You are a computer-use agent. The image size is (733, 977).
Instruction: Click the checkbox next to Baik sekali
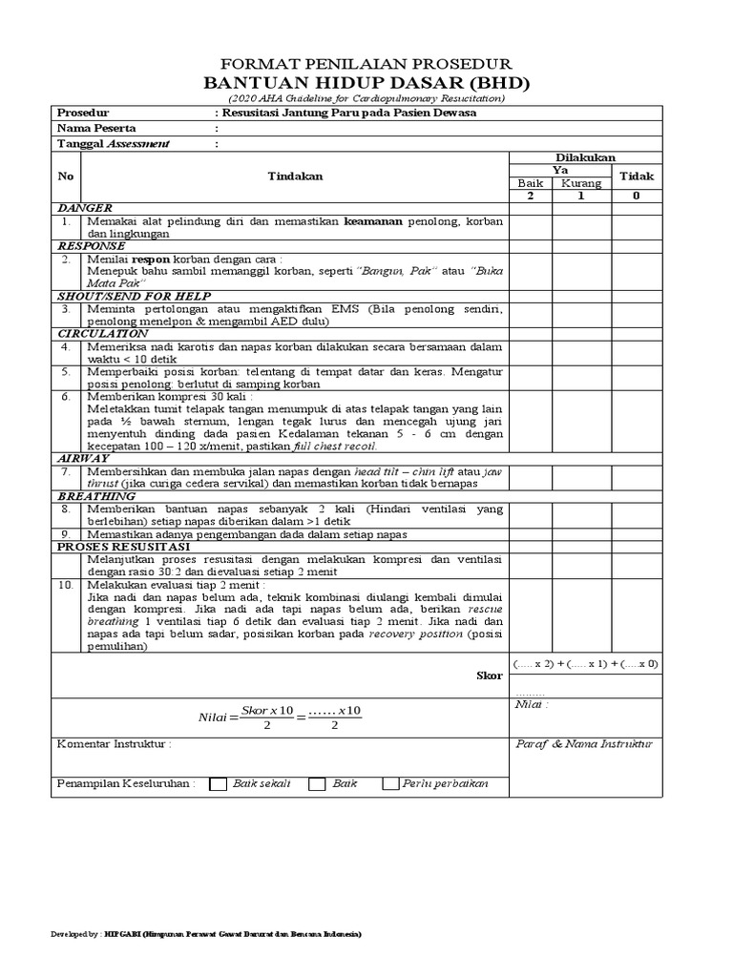pyautogui.click(x=218, y=784)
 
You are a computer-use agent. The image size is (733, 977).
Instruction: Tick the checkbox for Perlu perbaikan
pyautogui.click(x=390, y=784)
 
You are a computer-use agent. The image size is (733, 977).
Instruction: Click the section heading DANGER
pyautogui.click(x=85, y=208)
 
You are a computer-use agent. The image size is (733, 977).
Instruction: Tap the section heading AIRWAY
pyautogui.click(x=86, y=459)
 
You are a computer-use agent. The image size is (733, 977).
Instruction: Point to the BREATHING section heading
pyautogui.click(x=96, y=497)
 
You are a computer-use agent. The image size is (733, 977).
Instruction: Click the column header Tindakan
pyautogui.click(x=295, y=177)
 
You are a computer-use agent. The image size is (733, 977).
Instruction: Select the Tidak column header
pyautogui.click(x=637, y=177)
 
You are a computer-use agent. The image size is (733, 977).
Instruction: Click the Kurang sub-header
pyautogui.click(x=580, y=183)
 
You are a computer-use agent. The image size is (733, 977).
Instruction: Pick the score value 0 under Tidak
pyautogui.click(x=637, y=196)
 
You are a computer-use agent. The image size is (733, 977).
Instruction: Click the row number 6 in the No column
pyautogui.click(x=65, y=396)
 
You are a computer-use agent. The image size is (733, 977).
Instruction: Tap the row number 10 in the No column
pyautogui.click(x=65, y=584)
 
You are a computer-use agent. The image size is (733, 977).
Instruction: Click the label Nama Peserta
pyautogui.click(x=97, y=128)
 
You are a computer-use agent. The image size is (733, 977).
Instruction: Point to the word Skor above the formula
pyautogui.click(x=489, y=676)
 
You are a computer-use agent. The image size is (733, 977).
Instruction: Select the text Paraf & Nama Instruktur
pyautogui.click(x=582, y=743)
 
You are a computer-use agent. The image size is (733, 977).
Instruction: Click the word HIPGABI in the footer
pyautogui.click(x=123, y=933)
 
